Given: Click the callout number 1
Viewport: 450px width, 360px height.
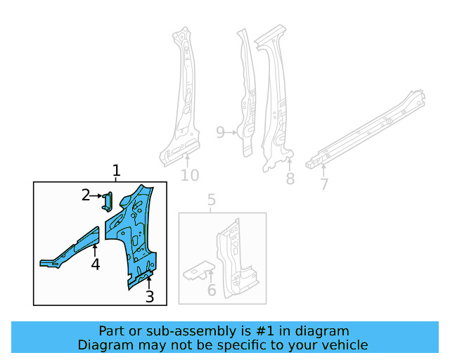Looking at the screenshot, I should (x=117, y=170).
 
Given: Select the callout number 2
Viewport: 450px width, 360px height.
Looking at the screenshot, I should (x=86, y=195).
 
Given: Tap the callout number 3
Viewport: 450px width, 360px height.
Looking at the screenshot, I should (x=149, y=297).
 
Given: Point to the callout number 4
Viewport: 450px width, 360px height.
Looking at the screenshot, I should (x=95, y=264).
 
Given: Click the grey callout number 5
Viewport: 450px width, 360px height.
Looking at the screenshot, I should (x=212, y=202).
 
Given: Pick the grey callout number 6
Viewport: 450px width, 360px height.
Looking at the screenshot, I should (x=212, y=290).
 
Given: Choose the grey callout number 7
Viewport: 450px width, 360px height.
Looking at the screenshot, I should (x=323, y=184).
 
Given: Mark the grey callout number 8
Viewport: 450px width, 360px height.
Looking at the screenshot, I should (x=290, y=179).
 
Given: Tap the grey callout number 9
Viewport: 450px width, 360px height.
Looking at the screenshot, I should (x=220, y=132).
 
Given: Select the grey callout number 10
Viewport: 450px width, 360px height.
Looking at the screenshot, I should (x=190, y=175).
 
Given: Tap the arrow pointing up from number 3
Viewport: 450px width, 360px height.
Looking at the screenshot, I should (x=149, y=283).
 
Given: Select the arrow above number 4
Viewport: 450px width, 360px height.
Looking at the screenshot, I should (x=95, y=250).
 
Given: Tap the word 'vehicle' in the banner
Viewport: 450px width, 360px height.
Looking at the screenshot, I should (x=342, y=345).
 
